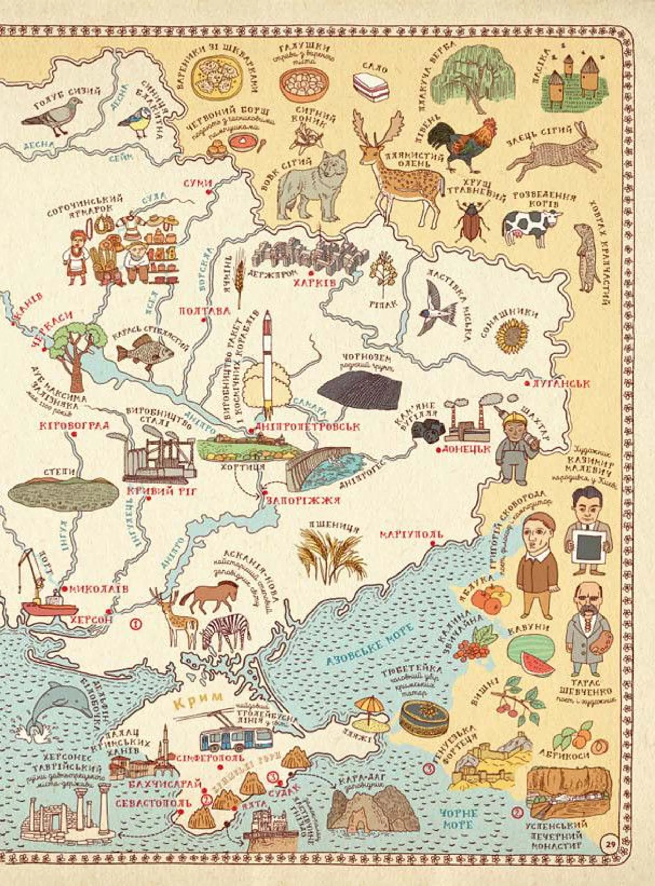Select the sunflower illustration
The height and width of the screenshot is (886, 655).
[512, 337]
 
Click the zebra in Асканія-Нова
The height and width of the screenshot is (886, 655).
[226, 632]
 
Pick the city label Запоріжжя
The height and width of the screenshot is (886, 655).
[303, 500]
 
